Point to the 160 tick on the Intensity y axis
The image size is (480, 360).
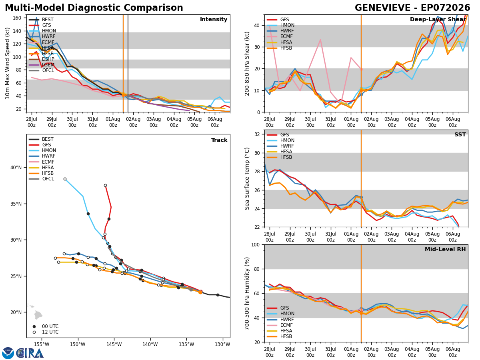coord(17,18)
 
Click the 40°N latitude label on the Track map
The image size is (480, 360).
coord(16,168)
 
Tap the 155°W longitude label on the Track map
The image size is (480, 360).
coord(42,344)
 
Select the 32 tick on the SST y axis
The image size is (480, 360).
coord(257,134)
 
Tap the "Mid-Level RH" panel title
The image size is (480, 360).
coord(445,249)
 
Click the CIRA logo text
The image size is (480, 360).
coord(30,353)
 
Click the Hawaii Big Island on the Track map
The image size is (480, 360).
coord(38,315)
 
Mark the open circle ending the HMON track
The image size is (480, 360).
coord(65,179)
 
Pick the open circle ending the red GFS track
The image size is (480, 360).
coord(106,186)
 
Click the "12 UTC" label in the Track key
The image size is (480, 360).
coord(50,332)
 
